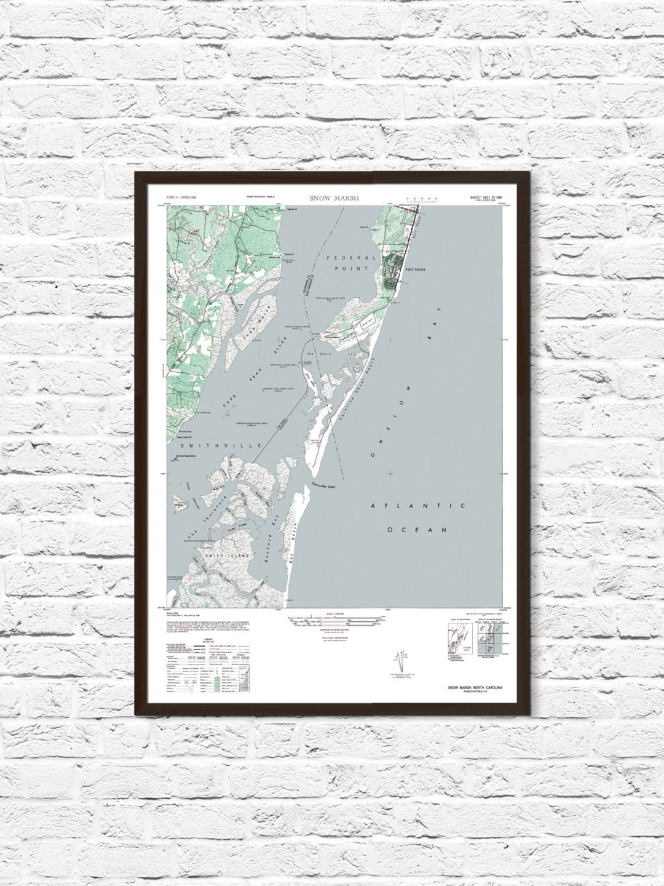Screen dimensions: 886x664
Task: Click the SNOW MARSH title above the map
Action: (x=334, y=198)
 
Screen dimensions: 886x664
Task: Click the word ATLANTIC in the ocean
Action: (x=416, y=506)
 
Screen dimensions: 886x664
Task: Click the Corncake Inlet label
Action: (x=325, y=485)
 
